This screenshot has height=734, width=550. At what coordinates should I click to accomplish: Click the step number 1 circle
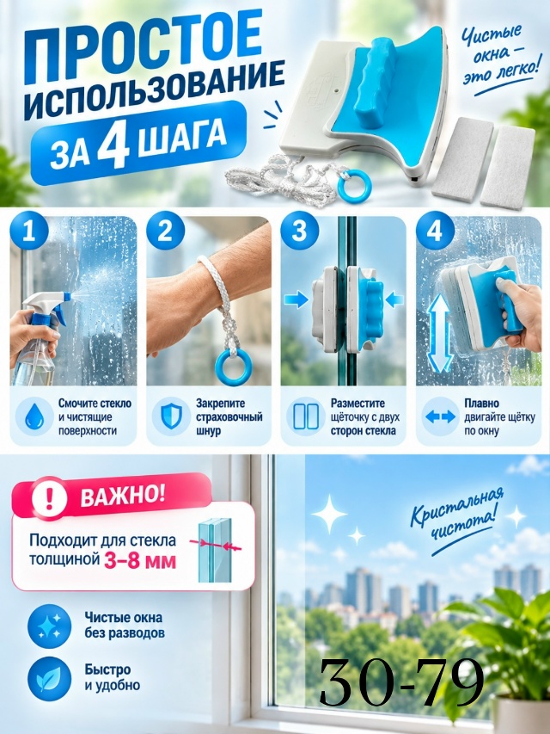[29, 231]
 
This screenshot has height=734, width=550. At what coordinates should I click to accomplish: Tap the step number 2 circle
[165, 231]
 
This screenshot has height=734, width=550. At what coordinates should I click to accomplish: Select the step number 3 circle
[300, 231]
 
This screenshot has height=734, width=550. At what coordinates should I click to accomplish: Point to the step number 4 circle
[435, 231]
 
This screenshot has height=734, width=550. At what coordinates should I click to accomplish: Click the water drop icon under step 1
[34, 416]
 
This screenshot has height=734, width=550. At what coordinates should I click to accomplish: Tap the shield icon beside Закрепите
[170, 416]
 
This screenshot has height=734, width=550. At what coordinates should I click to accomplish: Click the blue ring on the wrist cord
[234, 367]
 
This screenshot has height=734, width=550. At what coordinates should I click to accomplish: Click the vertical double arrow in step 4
[440, 333]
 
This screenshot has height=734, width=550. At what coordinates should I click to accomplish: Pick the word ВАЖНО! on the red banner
[123, 497]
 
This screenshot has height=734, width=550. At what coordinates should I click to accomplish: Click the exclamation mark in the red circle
[50, 498]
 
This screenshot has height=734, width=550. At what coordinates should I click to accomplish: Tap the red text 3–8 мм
[140, 561]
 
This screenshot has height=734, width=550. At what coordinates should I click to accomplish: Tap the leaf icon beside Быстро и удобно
[50, 679]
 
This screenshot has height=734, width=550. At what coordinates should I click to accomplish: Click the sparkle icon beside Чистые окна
[50, 626]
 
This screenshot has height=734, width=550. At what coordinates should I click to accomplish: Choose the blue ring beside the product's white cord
[355, 185]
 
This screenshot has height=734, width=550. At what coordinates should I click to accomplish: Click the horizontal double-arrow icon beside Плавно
[441, 416]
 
